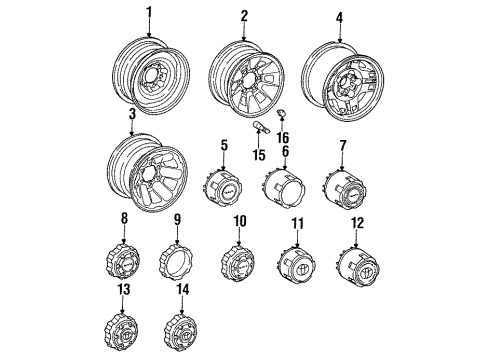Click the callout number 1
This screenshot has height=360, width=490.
pos(151,13)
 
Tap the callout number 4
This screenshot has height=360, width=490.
pos(339,16)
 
